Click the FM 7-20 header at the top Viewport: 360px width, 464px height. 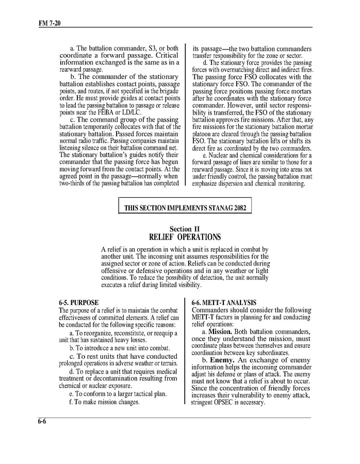tap(50, 23)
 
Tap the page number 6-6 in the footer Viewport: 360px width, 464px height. tap(42, 421)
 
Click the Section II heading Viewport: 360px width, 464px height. tap(185, 229)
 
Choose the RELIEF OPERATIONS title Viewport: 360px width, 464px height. tap(185, 237)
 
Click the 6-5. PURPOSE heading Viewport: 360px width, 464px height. tap(78, 302)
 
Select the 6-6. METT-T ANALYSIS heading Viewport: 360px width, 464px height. tap(224, 302)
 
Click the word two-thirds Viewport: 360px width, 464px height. tap(74, 183)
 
